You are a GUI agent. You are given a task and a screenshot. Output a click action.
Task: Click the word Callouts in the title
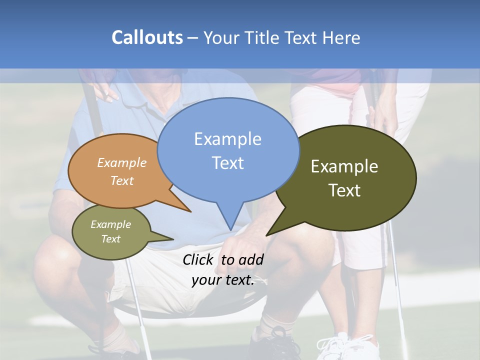(147, 37)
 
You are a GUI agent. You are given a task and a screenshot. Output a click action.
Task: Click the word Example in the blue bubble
(227, 139)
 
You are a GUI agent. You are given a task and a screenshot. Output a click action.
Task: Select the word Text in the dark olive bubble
(344, 190)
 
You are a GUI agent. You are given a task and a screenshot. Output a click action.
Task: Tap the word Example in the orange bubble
(122, 163)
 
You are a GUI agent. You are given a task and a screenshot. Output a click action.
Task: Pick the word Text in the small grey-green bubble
(111, 239)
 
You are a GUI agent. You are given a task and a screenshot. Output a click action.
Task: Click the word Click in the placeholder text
(198, 259)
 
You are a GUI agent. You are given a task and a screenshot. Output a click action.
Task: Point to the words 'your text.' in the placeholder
(223, 280)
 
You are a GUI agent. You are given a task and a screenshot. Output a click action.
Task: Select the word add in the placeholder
(251, 259)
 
